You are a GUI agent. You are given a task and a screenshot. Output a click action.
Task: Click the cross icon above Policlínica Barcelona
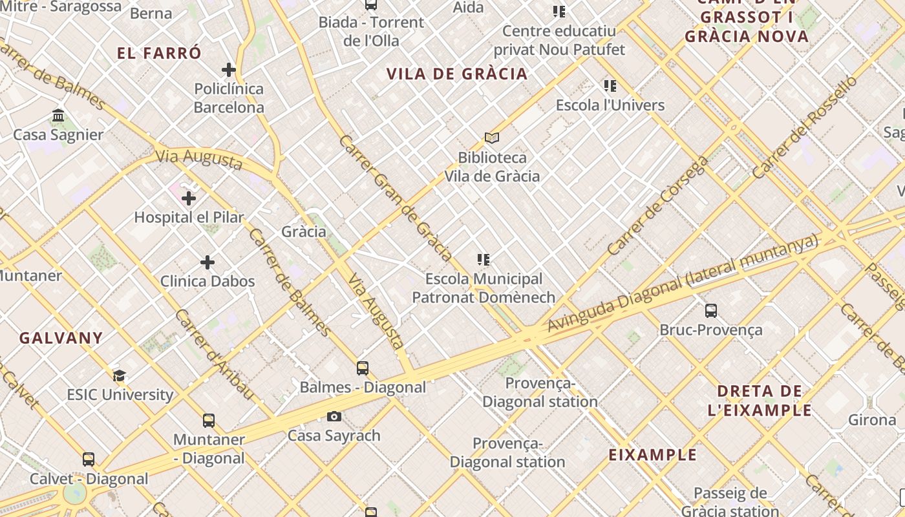click(229, 70)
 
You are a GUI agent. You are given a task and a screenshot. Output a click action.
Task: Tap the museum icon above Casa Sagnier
click(58, 116)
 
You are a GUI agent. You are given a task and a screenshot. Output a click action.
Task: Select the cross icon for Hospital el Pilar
click(189, 198)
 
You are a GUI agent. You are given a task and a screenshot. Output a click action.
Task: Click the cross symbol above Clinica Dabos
click(208, 262)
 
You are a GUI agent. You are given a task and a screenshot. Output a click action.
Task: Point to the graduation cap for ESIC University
click(119, 376)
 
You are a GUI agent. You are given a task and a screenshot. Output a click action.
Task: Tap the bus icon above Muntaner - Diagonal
click(209, 421)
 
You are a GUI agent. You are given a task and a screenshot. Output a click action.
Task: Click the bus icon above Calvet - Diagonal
click(89, 459)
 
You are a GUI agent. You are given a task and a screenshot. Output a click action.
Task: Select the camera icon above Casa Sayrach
click(334, 416)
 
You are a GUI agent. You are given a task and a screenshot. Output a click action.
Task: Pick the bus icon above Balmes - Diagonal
click(363, 368)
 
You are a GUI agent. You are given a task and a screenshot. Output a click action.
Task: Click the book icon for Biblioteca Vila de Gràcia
click(492, 138)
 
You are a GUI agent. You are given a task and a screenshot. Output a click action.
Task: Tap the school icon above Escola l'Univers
click(610, 86)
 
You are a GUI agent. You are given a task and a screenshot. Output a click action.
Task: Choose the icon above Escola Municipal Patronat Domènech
click(484, 260)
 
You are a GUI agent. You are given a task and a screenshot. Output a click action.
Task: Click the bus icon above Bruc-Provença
click(711, 311)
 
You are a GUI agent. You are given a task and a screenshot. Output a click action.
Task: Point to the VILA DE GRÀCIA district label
click(457, 74)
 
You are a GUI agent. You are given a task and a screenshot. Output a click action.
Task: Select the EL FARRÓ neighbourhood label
click(160, 53)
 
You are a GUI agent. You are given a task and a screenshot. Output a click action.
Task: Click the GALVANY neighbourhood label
click(61, 338)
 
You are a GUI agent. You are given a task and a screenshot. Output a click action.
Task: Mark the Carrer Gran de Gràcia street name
click(396, 197)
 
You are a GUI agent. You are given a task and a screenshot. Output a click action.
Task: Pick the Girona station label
click(872, 420)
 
